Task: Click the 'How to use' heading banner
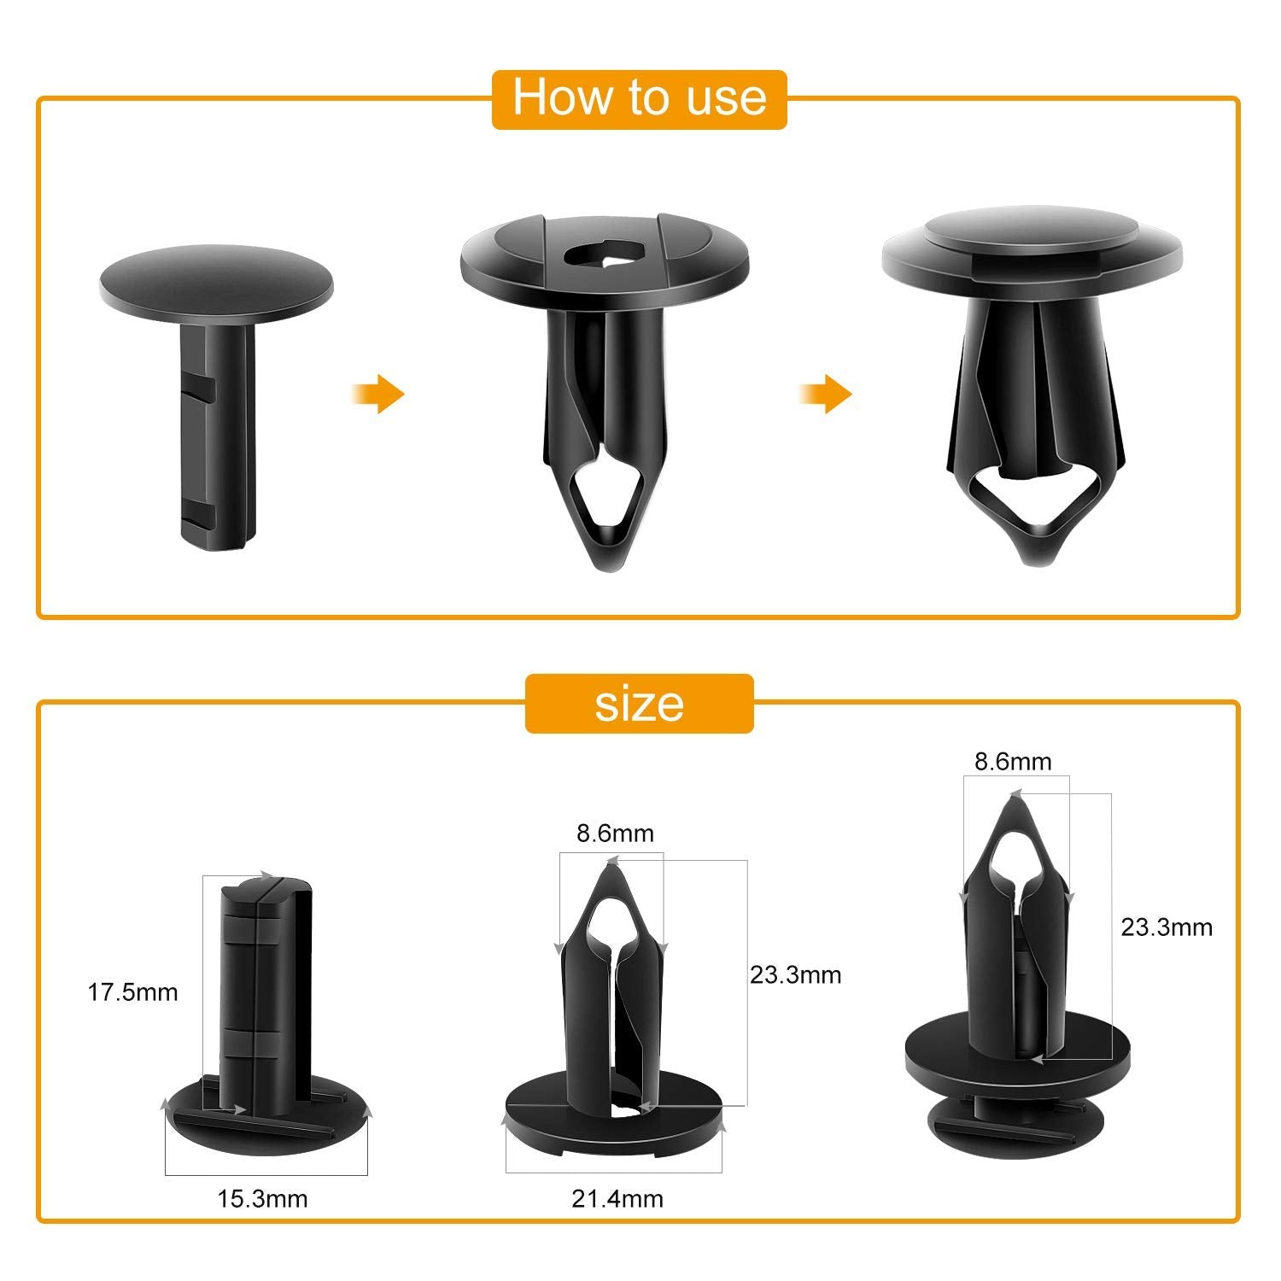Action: click(639, 98)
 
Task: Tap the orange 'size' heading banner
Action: click(639, 704)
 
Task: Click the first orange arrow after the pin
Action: click(377, 395)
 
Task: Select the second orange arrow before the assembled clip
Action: click(826, 395)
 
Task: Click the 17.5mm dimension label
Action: click(132, 992)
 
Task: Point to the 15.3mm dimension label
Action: click(262, 1199)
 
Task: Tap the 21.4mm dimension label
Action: click(617, 1199)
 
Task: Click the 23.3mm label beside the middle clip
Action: click(795, 974)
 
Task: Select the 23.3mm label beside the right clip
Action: click(1167, 927)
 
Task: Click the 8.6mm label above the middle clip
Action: click(615, 834)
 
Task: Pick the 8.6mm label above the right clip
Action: click(1013, 761)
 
